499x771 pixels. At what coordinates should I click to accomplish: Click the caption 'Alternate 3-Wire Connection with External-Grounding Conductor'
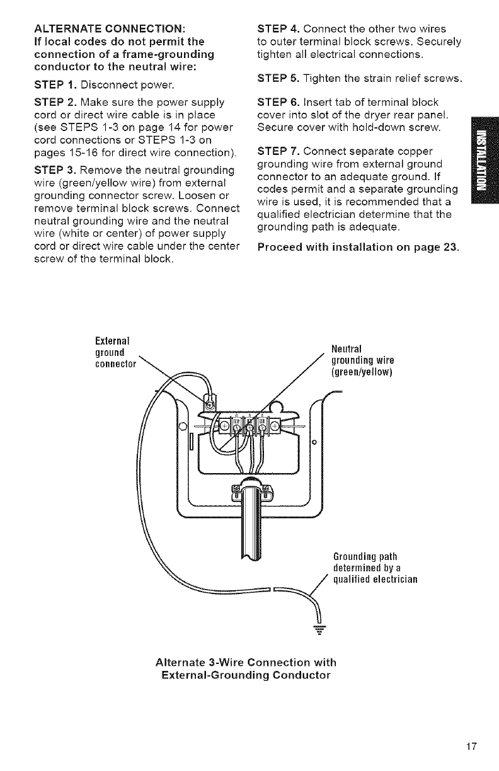point(245,669)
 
